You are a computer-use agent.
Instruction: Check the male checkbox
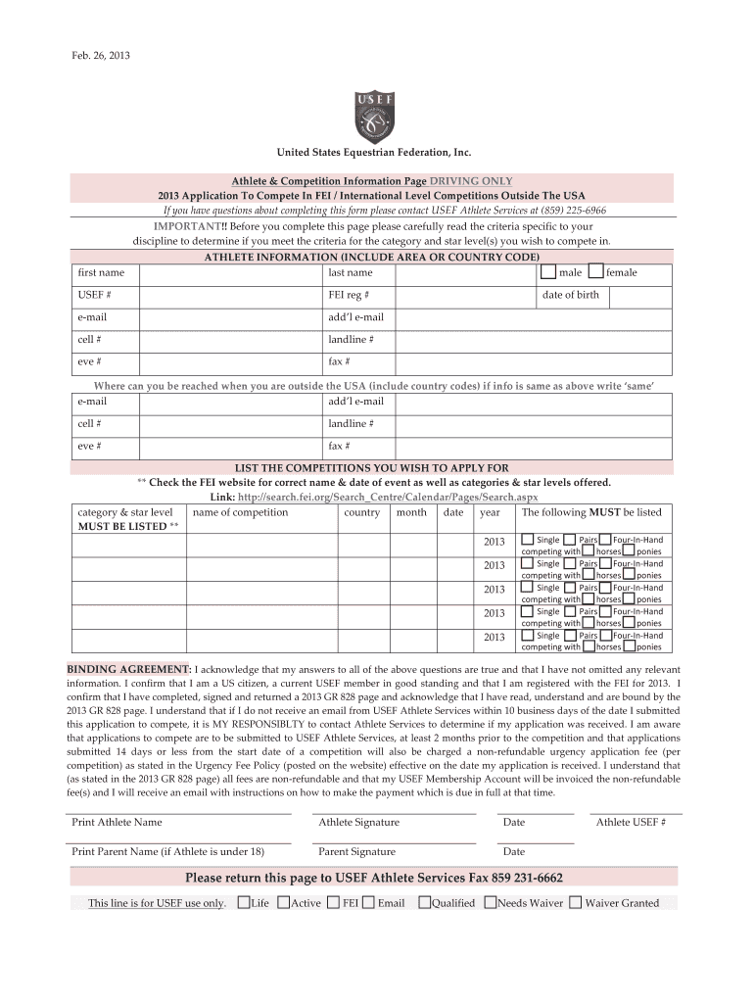click(x=548, y=271)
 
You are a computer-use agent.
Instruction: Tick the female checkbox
click(x=597, y=271)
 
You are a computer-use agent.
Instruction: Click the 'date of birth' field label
click(x=570, y=295)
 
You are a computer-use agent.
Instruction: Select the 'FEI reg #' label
click(x=348, y=295)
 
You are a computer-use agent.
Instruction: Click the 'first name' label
click(x=101, y=272)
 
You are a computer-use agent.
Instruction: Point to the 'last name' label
click(x=350, y=272)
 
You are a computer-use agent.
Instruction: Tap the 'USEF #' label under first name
click(x=94, y=295)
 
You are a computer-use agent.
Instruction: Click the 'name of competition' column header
click(x=240, y=512)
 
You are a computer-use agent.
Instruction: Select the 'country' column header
click(x=362, y=512)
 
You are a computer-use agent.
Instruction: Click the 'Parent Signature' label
click(x=356, y=851)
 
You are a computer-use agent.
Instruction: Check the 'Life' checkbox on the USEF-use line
click(x=243, y=902)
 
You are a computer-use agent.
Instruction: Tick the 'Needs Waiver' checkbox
click(x=490, y=902)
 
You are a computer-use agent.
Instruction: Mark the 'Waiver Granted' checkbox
click(x=575, y=902)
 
